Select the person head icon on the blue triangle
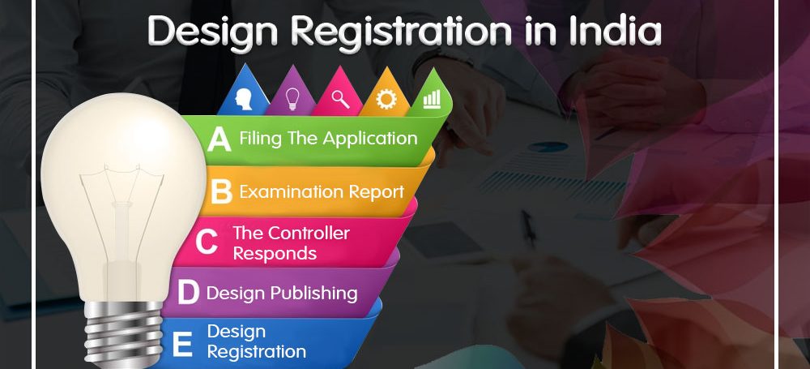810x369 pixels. pos(243,98)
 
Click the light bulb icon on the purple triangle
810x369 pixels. pos(292,98)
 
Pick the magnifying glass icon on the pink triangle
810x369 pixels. pos(340,98)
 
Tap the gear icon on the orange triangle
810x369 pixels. pos(386,98)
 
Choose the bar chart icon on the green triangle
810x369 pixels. pos(432,99)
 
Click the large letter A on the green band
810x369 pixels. pos(219,139)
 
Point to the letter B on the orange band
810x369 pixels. pos(222,192)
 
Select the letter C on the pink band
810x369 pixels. pos(206,242)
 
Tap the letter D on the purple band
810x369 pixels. pos(188,293)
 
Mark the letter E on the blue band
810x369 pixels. pos(181,344)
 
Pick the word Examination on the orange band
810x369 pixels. pos(292,192)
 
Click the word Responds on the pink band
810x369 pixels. pos(275,254)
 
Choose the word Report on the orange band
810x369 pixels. pos(376,193)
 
